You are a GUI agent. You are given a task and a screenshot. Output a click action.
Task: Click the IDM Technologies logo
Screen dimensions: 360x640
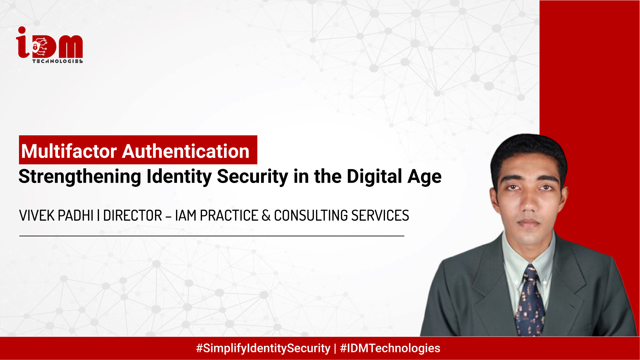(49, 45)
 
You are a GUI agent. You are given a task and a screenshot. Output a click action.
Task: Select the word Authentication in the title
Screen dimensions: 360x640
(186, 151)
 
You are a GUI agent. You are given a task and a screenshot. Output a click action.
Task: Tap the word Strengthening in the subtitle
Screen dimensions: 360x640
(80, 176)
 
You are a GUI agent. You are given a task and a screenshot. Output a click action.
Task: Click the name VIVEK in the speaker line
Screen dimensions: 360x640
(37, 216)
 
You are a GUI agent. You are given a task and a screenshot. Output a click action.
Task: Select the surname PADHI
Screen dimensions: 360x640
(76, 216)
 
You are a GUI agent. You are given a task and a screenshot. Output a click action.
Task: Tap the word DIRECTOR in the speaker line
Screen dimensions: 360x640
(132, 216)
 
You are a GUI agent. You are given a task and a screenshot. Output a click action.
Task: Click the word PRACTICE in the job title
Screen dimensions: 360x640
(229, 216)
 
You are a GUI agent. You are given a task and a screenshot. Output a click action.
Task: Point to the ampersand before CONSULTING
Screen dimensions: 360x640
(266, 216)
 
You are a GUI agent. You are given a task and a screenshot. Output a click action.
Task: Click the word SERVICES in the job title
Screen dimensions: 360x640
(380, 216)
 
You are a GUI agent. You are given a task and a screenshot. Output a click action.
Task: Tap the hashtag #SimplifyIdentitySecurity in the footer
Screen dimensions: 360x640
(263, 348)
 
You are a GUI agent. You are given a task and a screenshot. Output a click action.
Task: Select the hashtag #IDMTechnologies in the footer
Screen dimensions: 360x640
(390, 348)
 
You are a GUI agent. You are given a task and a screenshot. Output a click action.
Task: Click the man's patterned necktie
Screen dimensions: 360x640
(530, 300)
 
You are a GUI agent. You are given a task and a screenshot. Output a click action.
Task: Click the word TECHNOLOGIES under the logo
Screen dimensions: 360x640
(57, 61)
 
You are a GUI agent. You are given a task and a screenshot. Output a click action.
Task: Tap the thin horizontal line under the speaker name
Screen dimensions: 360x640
(212, 236)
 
